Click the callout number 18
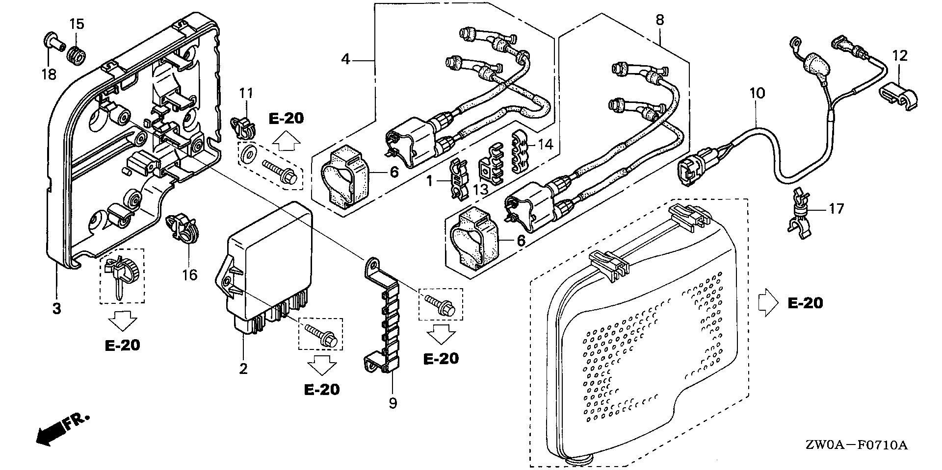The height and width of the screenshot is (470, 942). (49, 74)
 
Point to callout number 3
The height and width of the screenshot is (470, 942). (57, 309)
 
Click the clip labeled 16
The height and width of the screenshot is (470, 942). (183, 228)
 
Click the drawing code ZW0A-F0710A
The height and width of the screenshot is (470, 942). (856, 445)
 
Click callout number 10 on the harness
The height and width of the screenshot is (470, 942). (757, 93)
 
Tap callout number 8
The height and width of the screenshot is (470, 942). (660, 20)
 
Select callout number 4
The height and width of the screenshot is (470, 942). (346, 60)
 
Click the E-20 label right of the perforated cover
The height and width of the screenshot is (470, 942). (805, 303)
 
